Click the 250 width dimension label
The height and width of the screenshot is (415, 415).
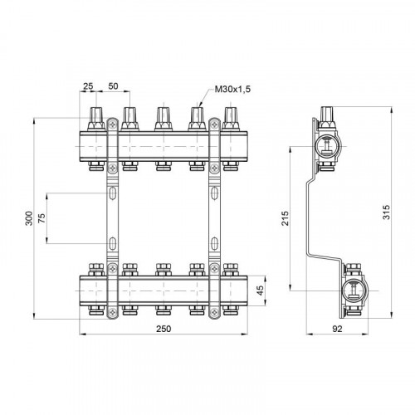(x=164, y=329)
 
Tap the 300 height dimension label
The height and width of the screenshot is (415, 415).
(x=29, y=218)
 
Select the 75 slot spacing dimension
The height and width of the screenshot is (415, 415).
(x=41, y=218)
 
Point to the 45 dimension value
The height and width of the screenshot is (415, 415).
(x=261, y=290)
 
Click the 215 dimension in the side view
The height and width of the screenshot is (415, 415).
(x=285, y=218)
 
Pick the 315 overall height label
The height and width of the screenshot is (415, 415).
(x=386, y=212)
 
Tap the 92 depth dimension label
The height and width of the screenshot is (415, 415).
(x=337, y=329)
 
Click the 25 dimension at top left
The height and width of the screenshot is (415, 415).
(x=88, y=86)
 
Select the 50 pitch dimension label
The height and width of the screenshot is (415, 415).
(x=113, y=86)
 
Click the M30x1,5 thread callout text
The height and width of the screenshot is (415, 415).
(x=232, y=89)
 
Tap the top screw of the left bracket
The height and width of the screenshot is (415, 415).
(x=112, y=125)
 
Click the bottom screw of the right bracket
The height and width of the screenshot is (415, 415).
(x=214, y=312)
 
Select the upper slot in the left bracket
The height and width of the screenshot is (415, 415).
(x=112, y=193)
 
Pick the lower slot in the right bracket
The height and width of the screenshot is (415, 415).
(x=214, y=243)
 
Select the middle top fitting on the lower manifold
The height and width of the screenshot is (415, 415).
(x=164, y=270)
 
